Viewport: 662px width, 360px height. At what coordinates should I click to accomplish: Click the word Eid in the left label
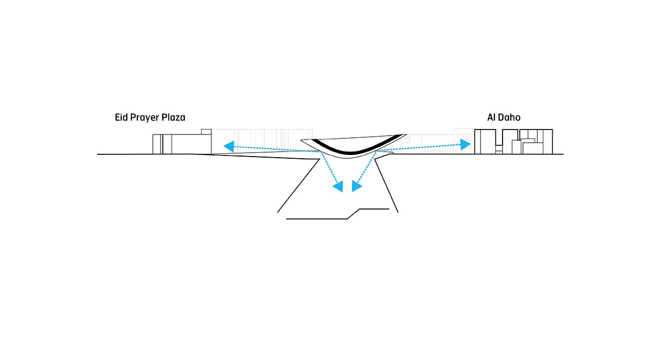click(122, 117)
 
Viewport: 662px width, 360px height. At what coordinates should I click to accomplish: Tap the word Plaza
click(174, 117)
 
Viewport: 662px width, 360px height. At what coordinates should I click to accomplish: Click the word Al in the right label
click(491, 117)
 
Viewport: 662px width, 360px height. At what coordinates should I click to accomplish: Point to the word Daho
click(510, 117)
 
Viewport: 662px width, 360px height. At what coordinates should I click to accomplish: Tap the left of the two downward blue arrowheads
click(338, 187)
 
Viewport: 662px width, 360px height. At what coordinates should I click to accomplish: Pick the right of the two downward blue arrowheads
click(356, 186)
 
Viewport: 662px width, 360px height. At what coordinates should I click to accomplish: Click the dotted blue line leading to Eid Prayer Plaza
click(276, 149)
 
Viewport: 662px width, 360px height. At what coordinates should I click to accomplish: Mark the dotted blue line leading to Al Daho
click(419, 147)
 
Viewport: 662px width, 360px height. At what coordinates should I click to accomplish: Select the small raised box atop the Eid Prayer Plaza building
click(206, 131)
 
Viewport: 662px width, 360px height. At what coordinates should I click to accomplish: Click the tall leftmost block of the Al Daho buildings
click(484, 142)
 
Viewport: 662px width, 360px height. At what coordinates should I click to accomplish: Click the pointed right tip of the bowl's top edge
click(405, 135)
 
